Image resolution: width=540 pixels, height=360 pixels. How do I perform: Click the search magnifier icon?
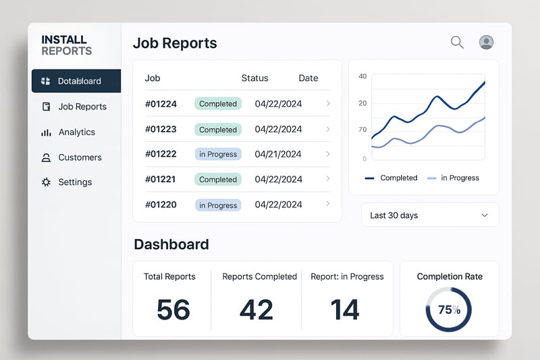(457, 43)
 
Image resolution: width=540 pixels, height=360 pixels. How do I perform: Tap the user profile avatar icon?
(486, 43)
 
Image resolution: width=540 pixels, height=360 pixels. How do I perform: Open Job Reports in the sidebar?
(82, 107)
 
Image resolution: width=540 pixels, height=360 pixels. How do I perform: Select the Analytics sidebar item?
(76, 132)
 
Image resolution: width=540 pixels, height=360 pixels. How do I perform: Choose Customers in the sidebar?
(80, 157)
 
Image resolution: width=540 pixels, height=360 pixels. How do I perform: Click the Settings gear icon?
(46, 182)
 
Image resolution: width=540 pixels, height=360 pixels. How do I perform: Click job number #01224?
(161, 104)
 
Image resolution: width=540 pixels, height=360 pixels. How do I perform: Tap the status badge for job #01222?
(217, 154)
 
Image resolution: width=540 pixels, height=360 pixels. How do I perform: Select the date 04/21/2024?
(278, 154)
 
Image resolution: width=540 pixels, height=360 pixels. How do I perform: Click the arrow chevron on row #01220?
(328, 204)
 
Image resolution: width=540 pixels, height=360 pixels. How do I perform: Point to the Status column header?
(254, 78)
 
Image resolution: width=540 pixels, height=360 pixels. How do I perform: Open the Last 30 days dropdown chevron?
(484, 215)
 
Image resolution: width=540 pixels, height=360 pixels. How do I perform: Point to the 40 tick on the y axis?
(362, 76)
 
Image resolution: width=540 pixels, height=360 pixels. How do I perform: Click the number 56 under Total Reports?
(173, 309)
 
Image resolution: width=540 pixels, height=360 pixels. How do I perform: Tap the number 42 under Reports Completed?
(256, 309)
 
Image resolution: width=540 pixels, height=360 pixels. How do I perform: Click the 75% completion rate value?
(449, 310)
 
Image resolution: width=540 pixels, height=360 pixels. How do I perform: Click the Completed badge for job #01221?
(217, 180)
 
